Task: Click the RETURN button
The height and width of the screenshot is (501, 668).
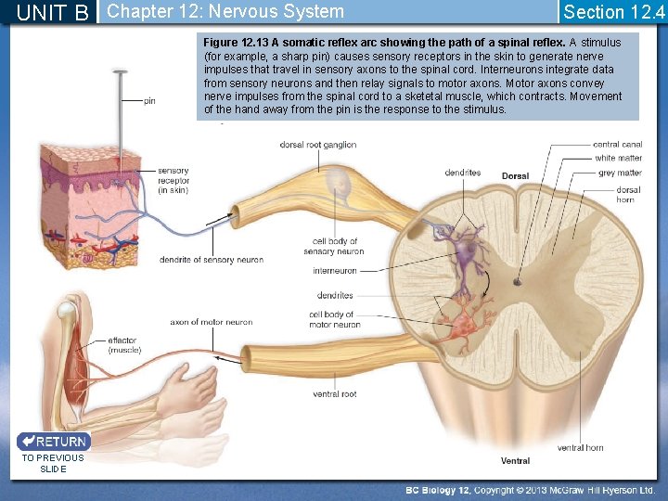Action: click(53, 442)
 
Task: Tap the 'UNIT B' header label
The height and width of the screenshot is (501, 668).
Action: click(53, 13)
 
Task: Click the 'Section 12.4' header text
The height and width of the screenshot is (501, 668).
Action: click(613, 12)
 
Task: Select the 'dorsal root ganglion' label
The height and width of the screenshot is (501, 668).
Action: click(318, 145)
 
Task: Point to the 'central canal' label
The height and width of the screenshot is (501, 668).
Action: click(617, 145)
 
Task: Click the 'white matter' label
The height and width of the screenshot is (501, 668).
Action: click(618, 159)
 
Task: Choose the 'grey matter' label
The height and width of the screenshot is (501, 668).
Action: click(620, 173)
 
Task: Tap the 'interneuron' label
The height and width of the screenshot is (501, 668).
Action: click(335, 271)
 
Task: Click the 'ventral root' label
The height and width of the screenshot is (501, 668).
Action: click(335, 394)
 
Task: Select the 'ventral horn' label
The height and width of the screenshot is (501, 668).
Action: click(580, 447)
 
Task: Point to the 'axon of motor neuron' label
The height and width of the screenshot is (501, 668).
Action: click(212, 323)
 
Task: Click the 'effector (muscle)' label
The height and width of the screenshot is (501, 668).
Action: click(123, 345)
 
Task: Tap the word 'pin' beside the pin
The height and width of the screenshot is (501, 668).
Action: click(149, 101)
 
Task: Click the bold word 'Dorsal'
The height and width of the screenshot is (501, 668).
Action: click(516, 176)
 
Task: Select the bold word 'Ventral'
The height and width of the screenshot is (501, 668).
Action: click(516, 460)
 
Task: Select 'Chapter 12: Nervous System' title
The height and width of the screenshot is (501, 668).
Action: click(225, 12)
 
